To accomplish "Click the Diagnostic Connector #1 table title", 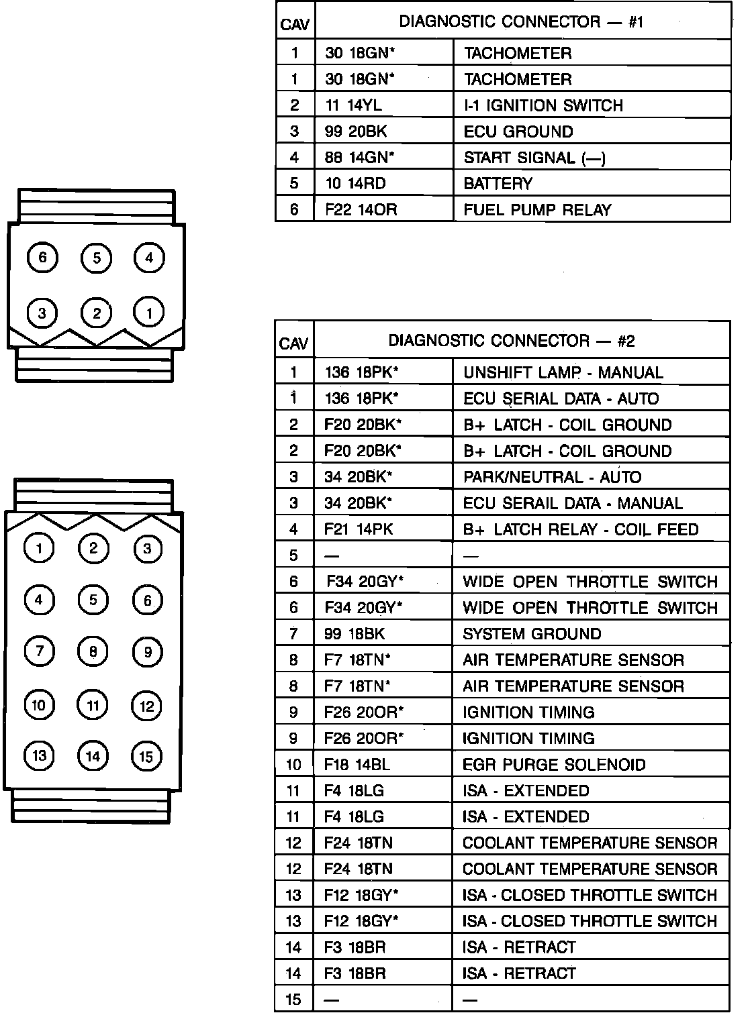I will click(x=521, y=22).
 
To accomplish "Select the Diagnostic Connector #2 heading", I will click(x=512, y=341).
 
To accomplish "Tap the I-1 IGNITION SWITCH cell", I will click(x=543, y=105).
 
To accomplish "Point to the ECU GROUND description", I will click(x=518, y=131).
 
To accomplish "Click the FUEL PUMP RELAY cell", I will click(x=537, y=210).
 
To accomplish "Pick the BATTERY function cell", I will click(x=498, y=184).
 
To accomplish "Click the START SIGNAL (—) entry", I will click(x=534, y=158).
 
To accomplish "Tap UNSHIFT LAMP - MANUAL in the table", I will click(x=563, y=372).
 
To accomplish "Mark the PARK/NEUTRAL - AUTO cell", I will click(x=552, y=477).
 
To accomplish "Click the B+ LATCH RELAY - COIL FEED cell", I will click(x=580, y=529).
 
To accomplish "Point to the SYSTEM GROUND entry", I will click(x=532, y=634).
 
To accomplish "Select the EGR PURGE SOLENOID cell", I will click(x=554, y=765).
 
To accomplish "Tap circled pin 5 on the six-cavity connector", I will click(x=96, y=258).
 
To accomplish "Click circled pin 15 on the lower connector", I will click(x=146, y=757).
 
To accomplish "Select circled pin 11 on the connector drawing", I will click(x=93, y=705).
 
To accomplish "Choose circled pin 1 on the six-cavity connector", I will click(x=149, y=313).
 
